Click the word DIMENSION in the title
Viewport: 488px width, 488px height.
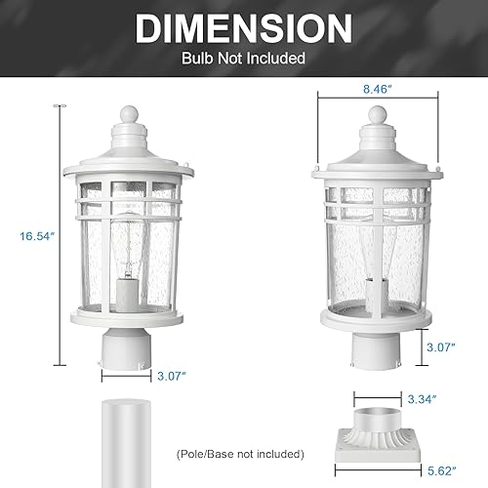point(244,27)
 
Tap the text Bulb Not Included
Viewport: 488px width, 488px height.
point(244,59)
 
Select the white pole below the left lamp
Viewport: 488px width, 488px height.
point(127,439)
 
